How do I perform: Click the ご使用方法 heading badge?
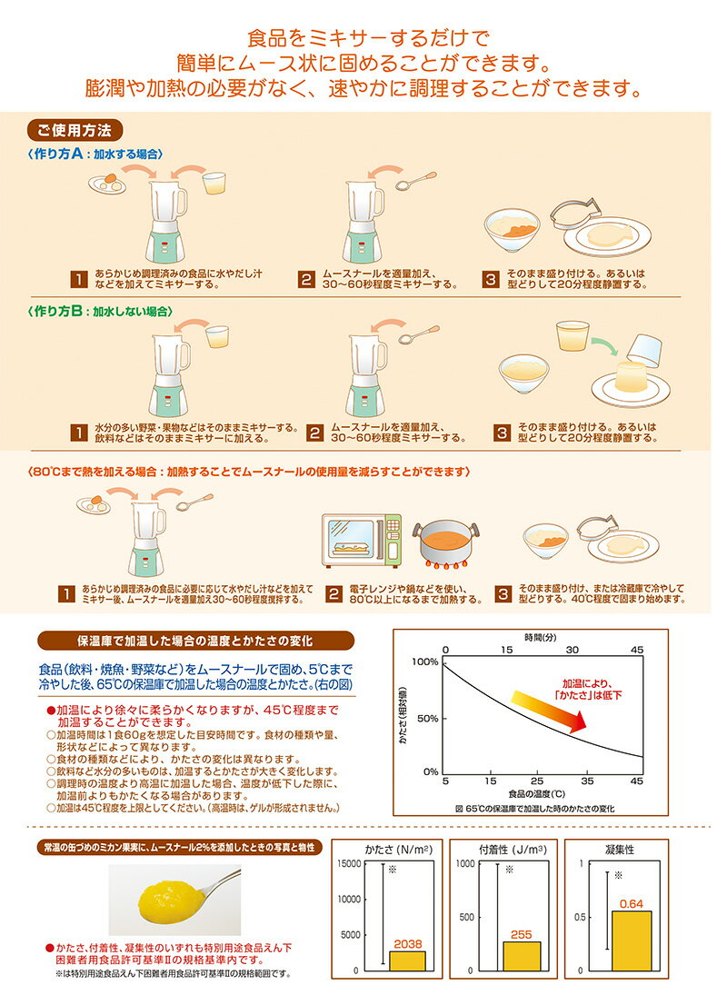click(75, 131)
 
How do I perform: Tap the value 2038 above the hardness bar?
click(408, 944)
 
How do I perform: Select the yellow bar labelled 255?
click(522, 956)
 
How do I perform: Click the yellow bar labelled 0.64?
click(632, 940)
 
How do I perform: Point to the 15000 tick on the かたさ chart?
click(349, 864)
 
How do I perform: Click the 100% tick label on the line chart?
click(425, 662)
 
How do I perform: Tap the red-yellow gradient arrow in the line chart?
click(549, 711)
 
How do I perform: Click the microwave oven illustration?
click(362, 541)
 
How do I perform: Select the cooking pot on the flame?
click(446, 543)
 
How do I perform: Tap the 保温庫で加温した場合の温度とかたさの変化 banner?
click(195, 641)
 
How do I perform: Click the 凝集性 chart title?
click(620, 850)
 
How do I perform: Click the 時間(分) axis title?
click(541, 637)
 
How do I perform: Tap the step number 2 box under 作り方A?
click(306, 279)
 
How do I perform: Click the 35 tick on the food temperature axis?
click(587, 781)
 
